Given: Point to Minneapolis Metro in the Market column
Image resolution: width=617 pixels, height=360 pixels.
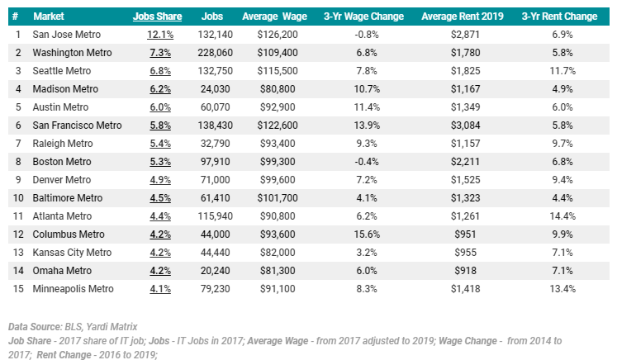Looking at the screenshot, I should click(73, 288).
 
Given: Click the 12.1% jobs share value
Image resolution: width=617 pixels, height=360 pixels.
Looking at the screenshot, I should click(160, 34).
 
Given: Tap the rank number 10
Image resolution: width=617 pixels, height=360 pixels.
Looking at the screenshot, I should click(19, 197).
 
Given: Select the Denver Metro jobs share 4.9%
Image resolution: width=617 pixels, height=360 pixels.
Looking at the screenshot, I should click(160, 179).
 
